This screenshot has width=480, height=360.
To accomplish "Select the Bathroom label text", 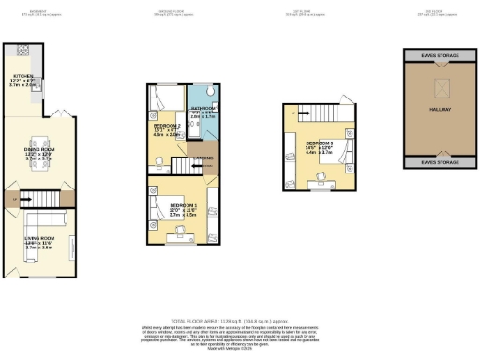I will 204,110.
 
